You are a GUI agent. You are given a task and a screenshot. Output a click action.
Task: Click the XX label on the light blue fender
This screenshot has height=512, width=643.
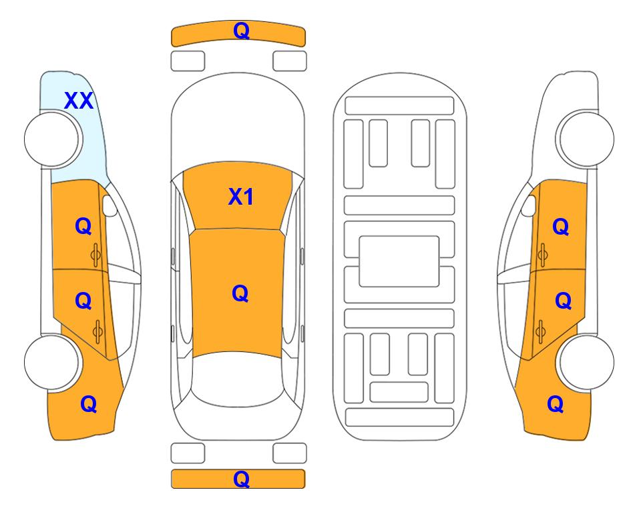pos(79,101)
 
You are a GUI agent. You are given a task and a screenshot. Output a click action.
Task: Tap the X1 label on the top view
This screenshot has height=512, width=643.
pos(241,197)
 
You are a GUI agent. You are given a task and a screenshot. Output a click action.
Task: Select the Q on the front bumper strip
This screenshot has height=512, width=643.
pos(241,31)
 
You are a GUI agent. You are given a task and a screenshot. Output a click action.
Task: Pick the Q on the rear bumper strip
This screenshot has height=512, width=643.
pos(241,479)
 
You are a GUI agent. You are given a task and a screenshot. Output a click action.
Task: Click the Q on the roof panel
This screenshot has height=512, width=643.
pos(240,293)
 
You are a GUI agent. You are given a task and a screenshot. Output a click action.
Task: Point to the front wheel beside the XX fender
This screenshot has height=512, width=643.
pos(52,139)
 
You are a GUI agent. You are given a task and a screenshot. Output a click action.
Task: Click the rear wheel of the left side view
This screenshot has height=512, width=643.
pos(52,362)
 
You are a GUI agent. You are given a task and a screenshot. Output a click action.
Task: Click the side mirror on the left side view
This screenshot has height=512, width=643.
pos(109,206)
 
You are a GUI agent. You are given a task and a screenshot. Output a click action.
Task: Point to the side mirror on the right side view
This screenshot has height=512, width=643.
pos(529,206)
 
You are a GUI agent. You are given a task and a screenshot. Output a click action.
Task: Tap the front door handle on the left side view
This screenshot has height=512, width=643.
pos(96,255)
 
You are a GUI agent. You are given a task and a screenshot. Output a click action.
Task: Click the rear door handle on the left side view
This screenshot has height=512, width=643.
pos(97,331)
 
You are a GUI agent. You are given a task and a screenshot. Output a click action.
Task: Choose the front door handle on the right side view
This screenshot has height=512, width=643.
pos(542,255)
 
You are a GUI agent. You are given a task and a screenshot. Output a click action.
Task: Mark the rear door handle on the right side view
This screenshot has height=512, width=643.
pos(540,331)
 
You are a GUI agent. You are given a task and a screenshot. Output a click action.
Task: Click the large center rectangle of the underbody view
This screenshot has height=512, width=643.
pos(399,261)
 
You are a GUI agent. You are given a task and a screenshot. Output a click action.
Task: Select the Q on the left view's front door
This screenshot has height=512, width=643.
pos(83,226)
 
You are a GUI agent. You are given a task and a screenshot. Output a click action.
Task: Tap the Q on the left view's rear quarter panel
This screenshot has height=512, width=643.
pos(89,404)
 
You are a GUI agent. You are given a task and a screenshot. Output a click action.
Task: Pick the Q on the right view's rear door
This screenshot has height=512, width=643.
pos(563,301)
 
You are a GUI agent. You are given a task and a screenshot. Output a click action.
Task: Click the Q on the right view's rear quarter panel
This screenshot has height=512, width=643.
pos(556,404)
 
